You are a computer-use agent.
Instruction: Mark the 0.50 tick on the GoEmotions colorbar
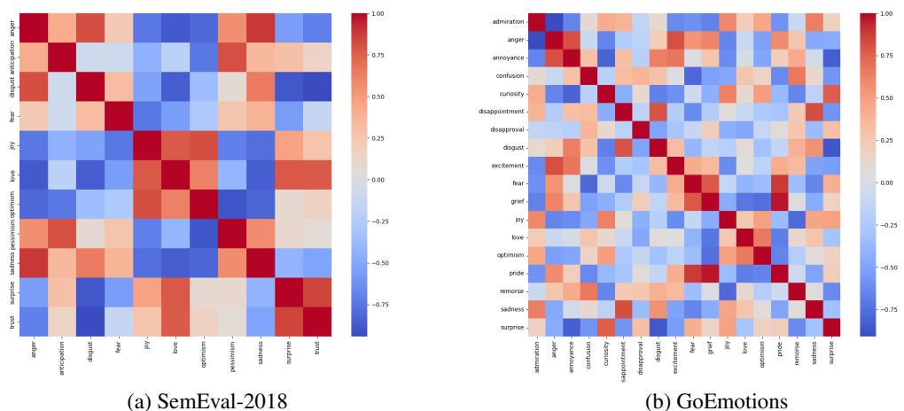(873, 97)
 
